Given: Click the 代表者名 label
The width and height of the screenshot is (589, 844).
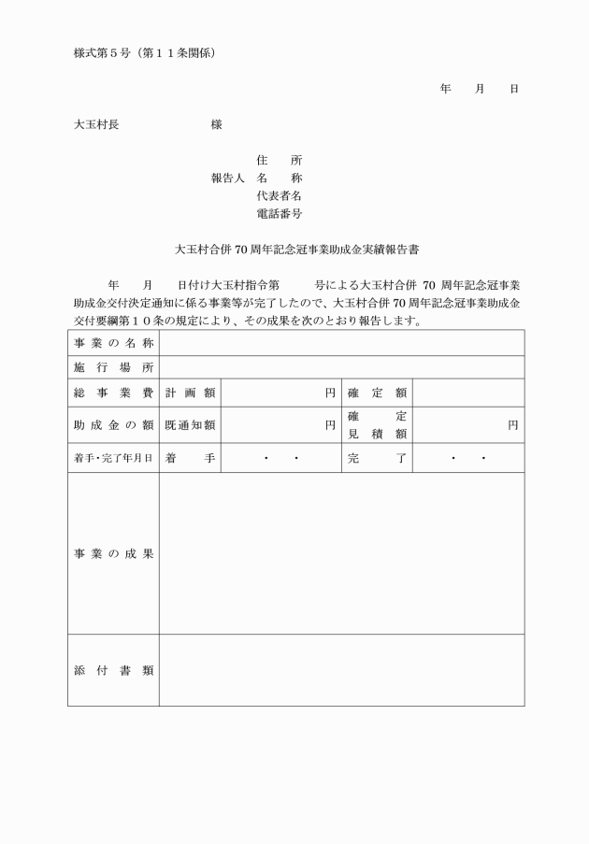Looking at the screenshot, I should pyautogui.click(x=279, y=196).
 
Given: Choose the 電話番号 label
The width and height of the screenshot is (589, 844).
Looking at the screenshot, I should pyautogui.click(x=279, y=214).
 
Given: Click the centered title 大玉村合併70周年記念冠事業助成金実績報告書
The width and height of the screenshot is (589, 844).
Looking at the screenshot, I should pyautogui.click(x=297, y=250).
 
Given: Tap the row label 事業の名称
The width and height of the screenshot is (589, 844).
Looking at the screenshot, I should pyautogui.click(x=113, y=344).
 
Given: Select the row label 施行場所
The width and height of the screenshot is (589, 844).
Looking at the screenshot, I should pyautogui.click(x=113, y=367).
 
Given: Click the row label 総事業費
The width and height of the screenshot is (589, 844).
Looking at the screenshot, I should pyautogui.click(x=113, y=393).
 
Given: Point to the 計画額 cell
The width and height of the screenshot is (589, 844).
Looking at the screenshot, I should pyautogui.click(x=190, y=393).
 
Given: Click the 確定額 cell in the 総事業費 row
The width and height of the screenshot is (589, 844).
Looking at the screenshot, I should pyautogui.click(x=376, y=393).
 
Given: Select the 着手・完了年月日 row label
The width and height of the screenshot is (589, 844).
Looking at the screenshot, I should pyautogui.click(x=113, y=459).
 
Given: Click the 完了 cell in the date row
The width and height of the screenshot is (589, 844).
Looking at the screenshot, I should pyautogui.click(x=376, y=459).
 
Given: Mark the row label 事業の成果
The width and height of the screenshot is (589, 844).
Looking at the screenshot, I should pyautogui.click(x=113, y=553).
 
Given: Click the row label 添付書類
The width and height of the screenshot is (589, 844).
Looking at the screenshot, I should pyautogui.click(x=113, y=670).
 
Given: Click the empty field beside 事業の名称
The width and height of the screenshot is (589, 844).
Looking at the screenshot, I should pyautogui.click(x=341, y=344).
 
